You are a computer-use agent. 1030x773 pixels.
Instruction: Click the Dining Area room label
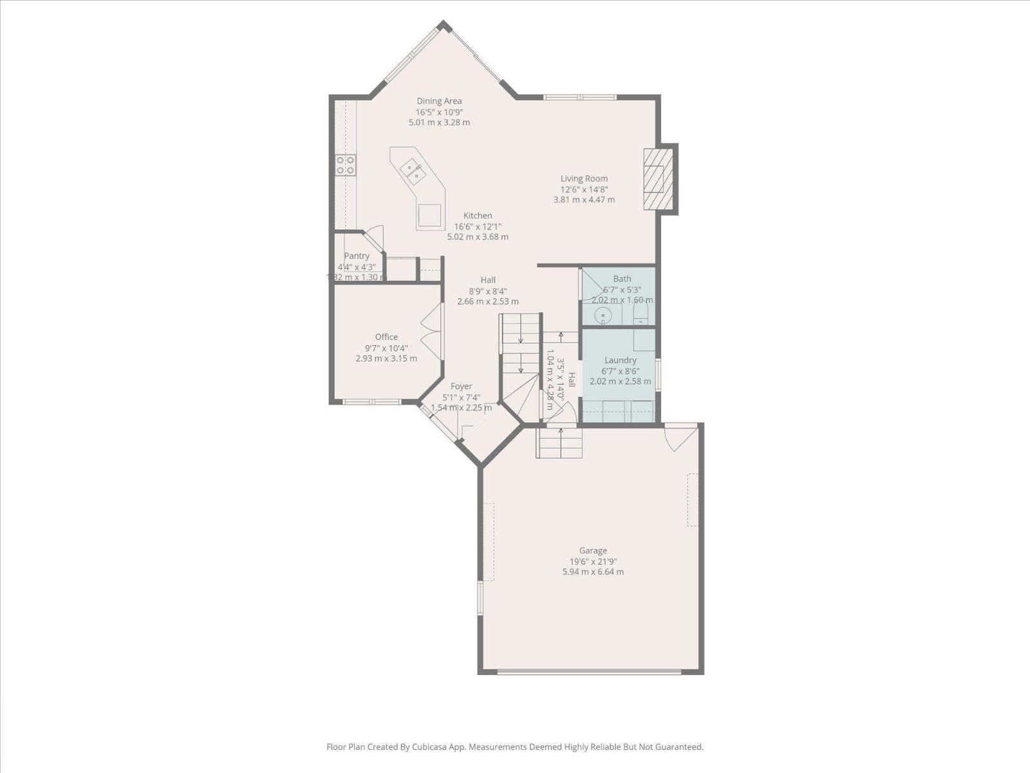tap(439, 101)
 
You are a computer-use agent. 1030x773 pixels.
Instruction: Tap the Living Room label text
tap(584, 178)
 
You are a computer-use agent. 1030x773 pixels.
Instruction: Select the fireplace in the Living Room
tap(655, 179)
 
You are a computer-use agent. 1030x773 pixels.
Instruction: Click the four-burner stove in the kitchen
tap(346, 166)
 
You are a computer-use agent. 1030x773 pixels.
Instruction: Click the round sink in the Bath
tap(603, 316)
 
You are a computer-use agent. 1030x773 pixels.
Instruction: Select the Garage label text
tap(593, 550)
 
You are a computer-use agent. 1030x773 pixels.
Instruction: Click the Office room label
tap(386, 337)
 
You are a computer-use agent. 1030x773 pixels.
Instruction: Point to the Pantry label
tap(357, 256)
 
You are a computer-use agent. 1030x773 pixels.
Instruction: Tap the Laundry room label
tap(621, 360)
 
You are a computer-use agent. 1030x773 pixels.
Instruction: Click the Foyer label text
tap(461, 386)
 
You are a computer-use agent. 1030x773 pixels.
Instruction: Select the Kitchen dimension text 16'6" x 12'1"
tap(478, 226)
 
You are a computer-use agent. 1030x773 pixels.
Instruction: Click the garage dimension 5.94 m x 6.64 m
tap(593, 571)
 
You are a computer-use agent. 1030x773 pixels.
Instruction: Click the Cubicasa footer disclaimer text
tap(514, 747)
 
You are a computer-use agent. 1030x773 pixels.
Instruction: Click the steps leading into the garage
tap(560, 443)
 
